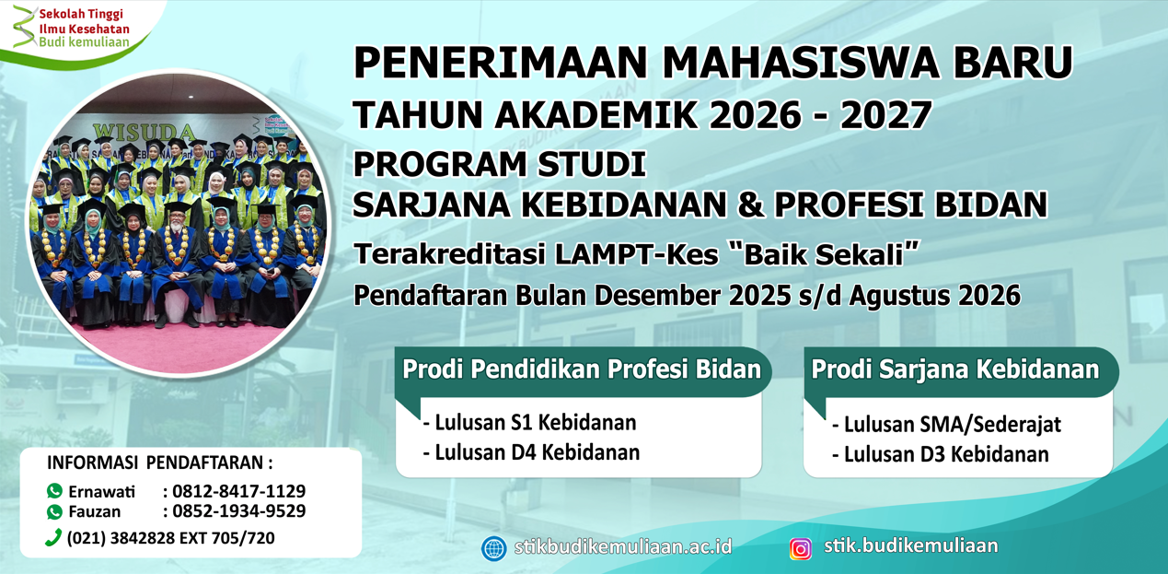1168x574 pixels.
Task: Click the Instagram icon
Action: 801,549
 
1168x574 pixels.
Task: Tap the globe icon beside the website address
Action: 494,549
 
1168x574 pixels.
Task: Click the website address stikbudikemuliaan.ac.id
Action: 623,546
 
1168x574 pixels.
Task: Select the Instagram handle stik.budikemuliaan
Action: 910,545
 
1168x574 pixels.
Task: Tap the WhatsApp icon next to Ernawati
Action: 55,491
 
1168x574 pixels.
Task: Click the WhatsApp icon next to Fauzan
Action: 55,511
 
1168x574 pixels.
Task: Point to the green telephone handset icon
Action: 53,537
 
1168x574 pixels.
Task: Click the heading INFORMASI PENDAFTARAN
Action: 160,463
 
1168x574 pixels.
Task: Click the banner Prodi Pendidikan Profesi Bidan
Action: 582,369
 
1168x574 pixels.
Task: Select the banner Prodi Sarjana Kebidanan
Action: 955,369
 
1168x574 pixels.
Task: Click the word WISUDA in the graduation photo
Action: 144,131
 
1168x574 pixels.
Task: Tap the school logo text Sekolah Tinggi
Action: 81,15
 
